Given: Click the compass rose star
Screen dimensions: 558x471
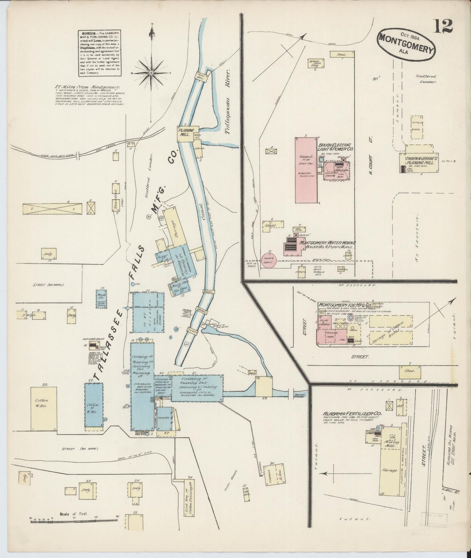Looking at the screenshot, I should (151, 73).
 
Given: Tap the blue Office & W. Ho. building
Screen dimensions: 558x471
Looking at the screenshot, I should (94, 405).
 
